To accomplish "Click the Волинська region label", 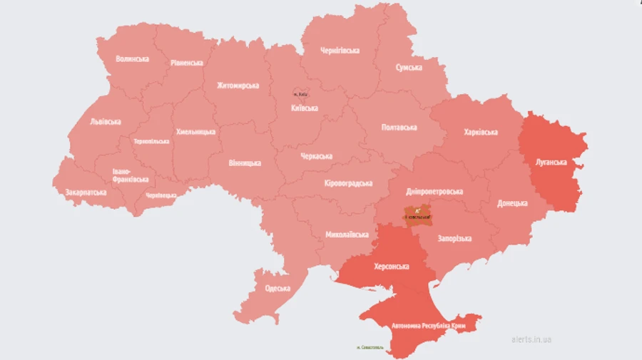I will [132, 58].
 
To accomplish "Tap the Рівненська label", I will [187, 63].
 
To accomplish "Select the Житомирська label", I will [238, 86].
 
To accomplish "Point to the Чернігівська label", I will [340, 51].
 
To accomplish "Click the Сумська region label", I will [409, 68].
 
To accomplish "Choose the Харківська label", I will [480, 132].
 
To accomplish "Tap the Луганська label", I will [551, 162].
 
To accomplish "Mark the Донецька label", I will [513, 203].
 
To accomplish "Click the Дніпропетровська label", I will [434, 192].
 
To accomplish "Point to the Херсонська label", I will [392, 267].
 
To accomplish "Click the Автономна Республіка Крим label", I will [428, 326].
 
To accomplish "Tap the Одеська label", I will [277, 288].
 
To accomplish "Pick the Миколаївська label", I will [347, 234].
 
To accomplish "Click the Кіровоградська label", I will [348, 183].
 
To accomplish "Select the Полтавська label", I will [399, 127].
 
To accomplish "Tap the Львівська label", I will [106, 122].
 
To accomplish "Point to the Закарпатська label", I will [86, 192].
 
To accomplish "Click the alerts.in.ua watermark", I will [531, 340].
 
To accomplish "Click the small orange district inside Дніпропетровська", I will [418, 213].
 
